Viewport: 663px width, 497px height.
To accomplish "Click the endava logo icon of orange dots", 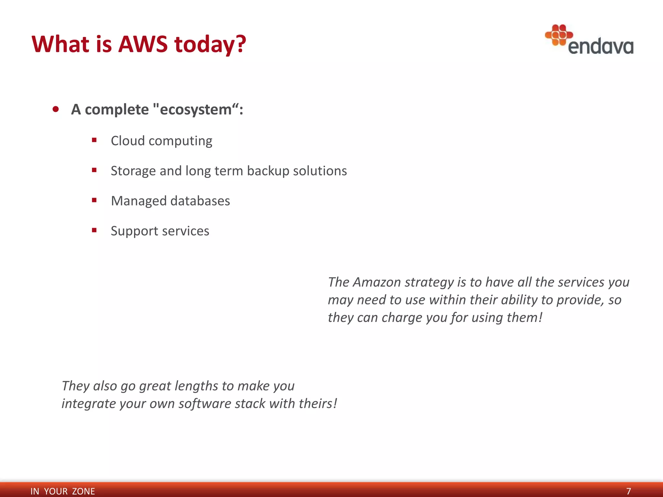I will click(x=558, y=35).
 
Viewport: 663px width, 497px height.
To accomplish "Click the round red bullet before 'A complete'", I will click(x=56, y=109).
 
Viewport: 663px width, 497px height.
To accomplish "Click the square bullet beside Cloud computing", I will click(x=94, y=140).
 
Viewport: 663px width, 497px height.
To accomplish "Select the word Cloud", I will click(x=128, y=141).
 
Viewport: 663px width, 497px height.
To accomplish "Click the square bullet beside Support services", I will click(x=94, y=230).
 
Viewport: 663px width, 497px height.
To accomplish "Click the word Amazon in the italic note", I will click(x=377, y=282).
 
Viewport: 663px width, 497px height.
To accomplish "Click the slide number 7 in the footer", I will click(x=628, y=491).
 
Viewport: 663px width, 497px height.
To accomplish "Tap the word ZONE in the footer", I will click(x=84, y=491).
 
